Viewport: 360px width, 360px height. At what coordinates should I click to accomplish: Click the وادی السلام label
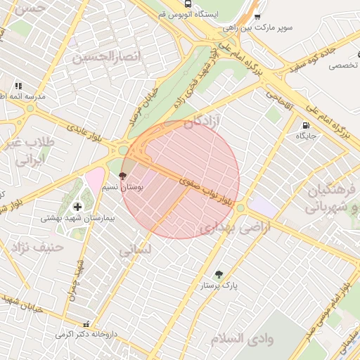pyautogui.click(x=242, y=339)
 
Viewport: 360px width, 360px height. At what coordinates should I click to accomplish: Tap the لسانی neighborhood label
pyautogui.click(x=134, y=249)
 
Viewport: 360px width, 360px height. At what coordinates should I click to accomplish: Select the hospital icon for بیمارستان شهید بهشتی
pyautogui.click(x=77, y=206)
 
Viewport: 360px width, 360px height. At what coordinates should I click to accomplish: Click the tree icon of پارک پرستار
pyautogui.click(x=219, y=274)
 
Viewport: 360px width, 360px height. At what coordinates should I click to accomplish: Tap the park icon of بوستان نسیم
pyautogui.click(x=123, y=175)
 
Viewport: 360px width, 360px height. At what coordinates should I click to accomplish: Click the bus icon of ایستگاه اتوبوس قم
pyautogui.click(x=186, y=3)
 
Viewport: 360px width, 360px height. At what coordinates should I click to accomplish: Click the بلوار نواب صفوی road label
pyautogui.click(x=204, y=190)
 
